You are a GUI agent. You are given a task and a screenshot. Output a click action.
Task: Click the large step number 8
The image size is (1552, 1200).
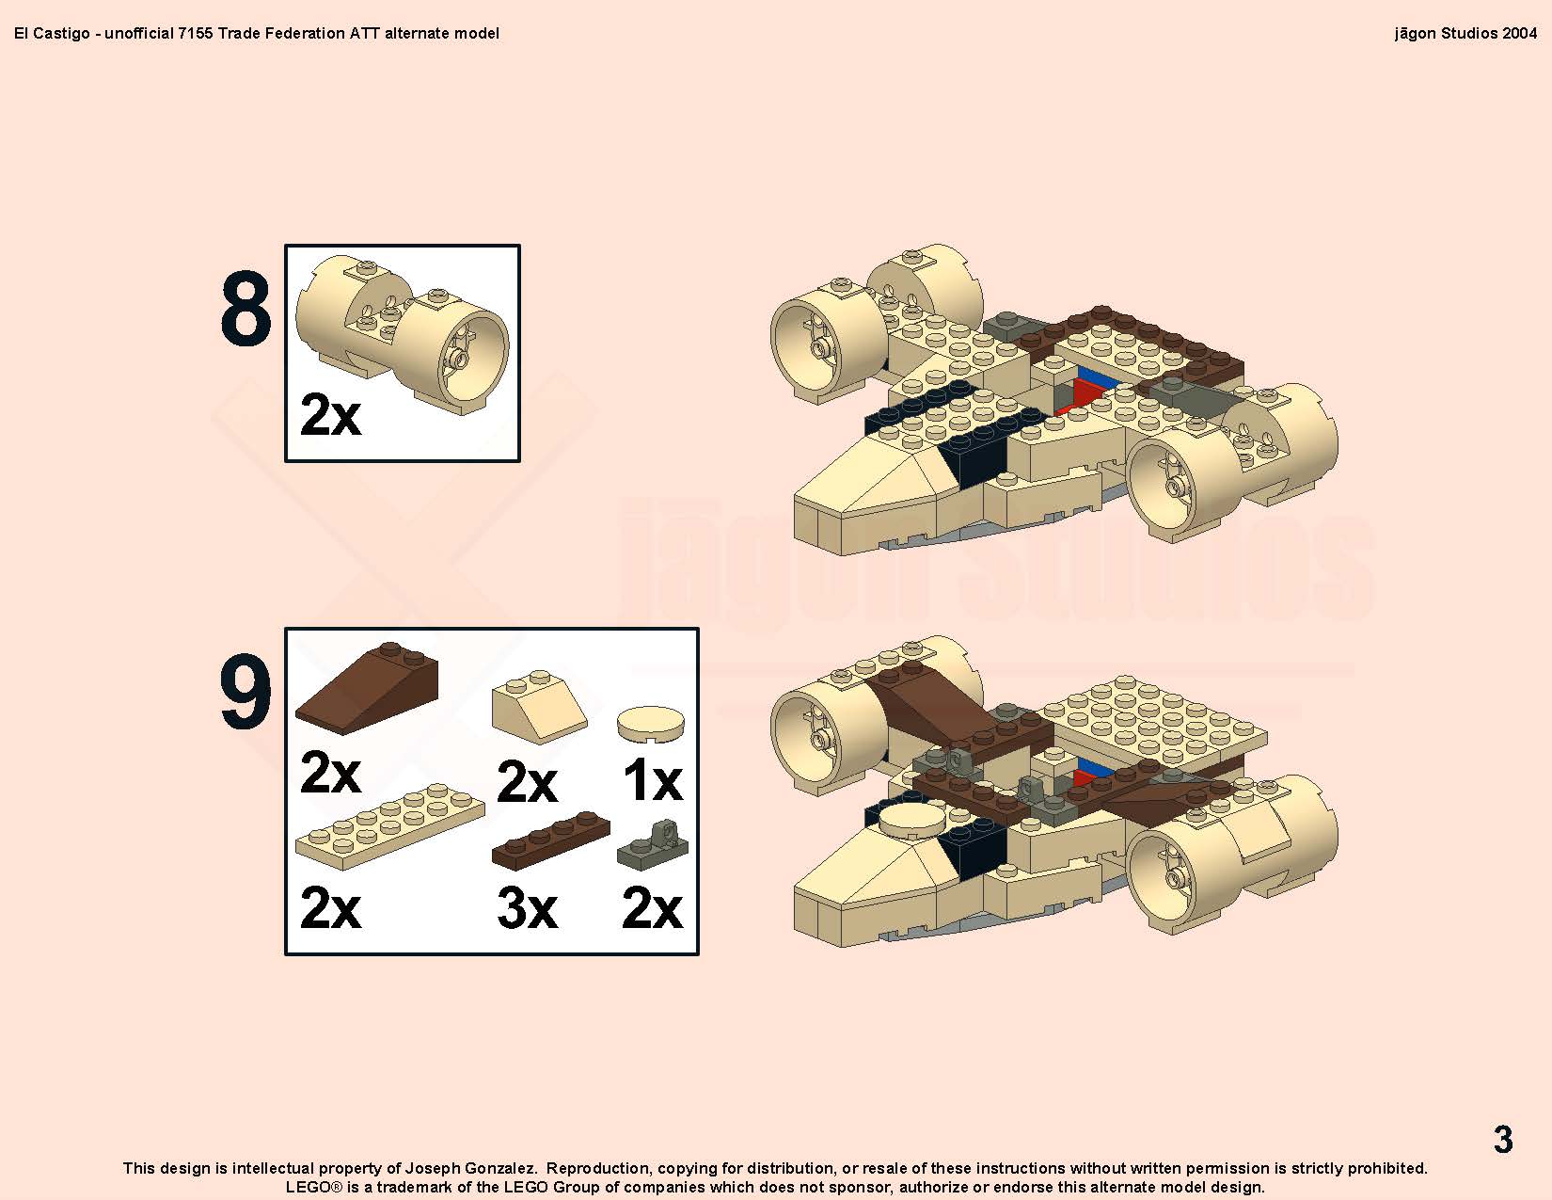245,308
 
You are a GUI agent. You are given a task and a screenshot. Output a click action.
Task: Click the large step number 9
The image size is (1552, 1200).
245,692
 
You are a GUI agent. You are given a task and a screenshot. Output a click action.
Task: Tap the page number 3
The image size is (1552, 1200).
1503,1139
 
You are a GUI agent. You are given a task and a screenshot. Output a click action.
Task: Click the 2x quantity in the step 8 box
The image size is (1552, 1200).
331,414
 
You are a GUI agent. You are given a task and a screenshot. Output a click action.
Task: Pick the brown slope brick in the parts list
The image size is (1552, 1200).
367,687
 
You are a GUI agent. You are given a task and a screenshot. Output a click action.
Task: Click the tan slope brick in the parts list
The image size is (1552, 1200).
539,706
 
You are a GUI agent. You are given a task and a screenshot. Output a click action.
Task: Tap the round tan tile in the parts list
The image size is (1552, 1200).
651,724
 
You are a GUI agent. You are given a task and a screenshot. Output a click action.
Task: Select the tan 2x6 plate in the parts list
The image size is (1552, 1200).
390,827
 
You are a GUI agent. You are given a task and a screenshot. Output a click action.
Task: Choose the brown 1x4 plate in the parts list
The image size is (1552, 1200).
550,840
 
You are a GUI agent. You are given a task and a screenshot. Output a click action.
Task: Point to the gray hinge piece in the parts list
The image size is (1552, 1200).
653,844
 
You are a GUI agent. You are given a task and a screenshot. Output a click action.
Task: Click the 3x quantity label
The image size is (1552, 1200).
527,908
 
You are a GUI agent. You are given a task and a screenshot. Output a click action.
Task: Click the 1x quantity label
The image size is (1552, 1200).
653,779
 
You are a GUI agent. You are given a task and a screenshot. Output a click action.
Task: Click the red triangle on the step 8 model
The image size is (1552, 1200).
1082,396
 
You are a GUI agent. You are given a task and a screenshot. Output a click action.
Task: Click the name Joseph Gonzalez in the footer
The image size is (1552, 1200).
470,1168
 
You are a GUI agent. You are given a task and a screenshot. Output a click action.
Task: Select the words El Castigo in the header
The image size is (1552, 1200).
52,34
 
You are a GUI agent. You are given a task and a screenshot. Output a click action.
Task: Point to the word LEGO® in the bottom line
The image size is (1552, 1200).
314,1187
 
